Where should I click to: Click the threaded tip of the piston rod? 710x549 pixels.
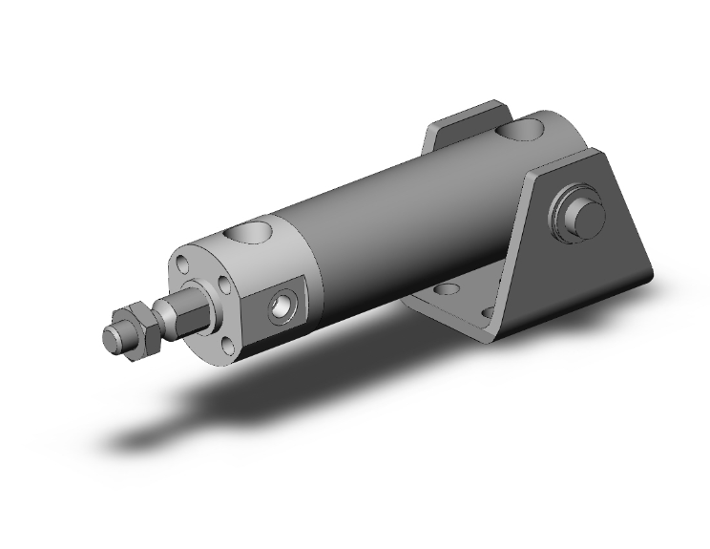(113, 339)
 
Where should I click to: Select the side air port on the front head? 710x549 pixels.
(282, 305)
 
